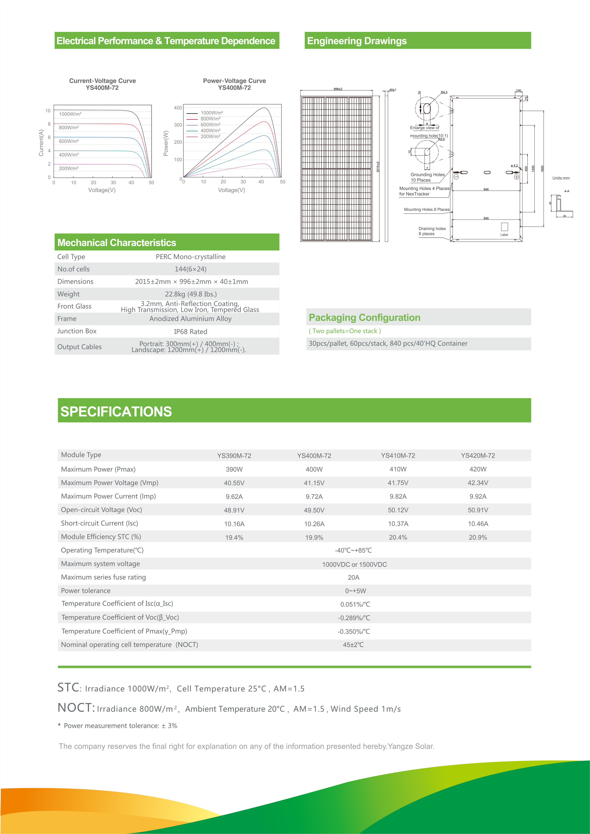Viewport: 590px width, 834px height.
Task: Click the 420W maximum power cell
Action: [x=478, y=469]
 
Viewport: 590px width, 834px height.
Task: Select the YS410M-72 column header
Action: [x=398, y=455]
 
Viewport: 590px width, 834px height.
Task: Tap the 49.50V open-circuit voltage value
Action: [x=314, y=510]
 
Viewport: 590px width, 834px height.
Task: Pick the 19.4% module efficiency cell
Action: [x=234, y=537]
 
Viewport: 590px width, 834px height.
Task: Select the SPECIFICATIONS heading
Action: [x=116, y=412]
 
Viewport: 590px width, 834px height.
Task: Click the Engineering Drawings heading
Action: [x=357, y=41]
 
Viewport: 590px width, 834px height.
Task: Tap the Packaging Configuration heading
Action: [x=364, y=317]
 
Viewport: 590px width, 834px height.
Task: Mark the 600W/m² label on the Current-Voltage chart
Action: [x=69, y=141]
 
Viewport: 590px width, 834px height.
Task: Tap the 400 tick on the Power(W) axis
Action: [x=178, y=108]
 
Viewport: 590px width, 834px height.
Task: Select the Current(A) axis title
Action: [x=41, y=143]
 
